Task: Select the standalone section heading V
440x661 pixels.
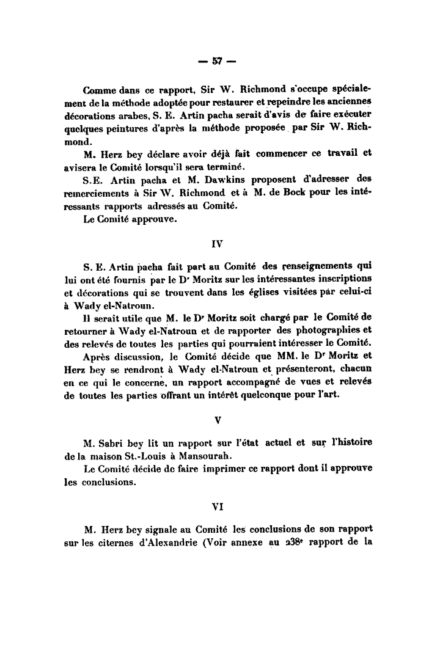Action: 218,421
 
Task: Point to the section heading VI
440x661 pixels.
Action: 218,506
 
